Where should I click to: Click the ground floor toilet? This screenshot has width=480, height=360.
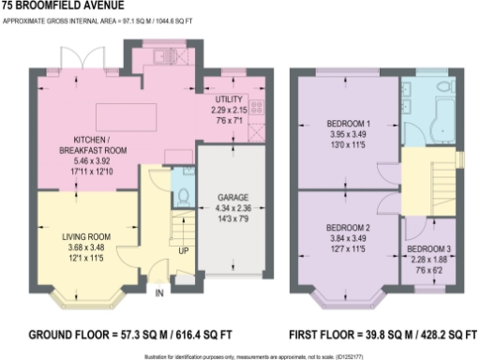pyautogui.click(x=183, y=197)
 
